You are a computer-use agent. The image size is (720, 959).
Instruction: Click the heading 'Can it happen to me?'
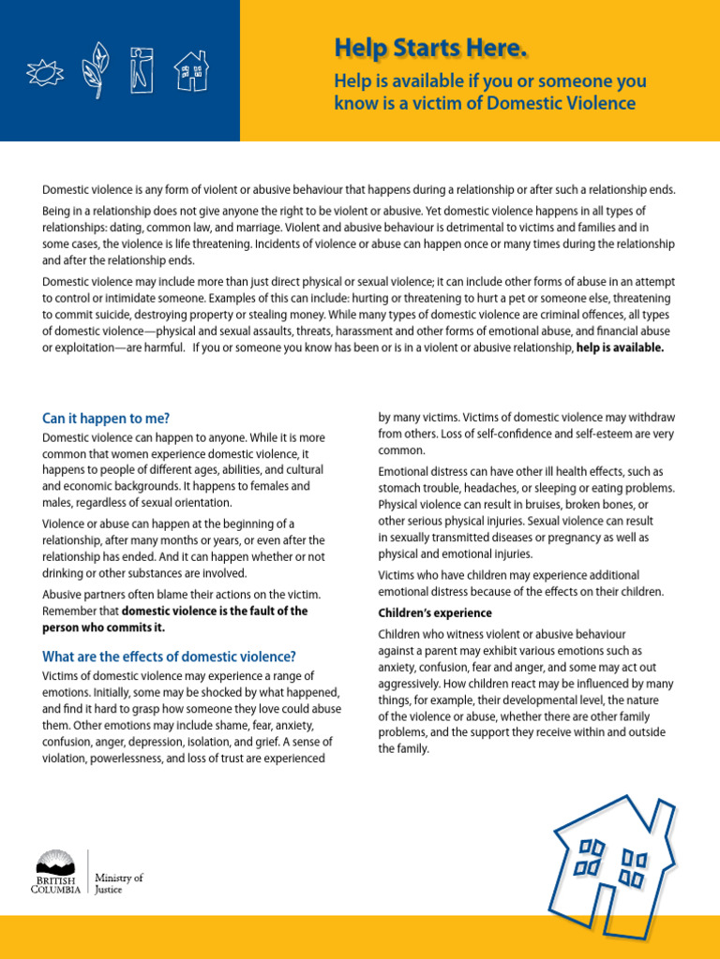point(106,418)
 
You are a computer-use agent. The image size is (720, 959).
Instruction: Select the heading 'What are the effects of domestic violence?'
point(170,656)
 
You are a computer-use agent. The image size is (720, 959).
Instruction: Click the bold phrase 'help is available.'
point(620,347)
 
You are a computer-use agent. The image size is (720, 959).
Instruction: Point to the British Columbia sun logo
point(55,862)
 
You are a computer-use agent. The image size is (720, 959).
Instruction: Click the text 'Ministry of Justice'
point(119,884)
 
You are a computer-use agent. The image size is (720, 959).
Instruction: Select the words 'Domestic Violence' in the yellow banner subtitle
point(559,103)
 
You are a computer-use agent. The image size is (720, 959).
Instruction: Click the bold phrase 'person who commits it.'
point(104,627)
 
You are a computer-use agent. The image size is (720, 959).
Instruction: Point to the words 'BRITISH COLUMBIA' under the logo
point(55,885)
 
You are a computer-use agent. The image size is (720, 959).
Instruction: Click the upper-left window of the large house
point(592,848)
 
